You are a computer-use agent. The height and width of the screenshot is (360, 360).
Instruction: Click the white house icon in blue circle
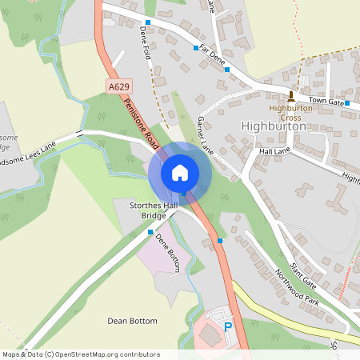(180, 172)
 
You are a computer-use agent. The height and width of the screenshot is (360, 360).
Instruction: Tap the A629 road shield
(118, 85)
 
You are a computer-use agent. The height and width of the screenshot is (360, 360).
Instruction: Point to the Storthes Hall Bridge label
(154, 211)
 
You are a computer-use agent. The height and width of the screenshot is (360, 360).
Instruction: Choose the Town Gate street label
(326, 102)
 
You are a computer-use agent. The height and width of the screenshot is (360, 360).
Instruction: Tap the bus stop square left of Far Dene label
(196, 48)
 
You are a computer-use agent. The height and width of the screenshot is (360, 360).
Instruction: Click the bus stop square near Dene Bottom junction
(150, 232)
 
